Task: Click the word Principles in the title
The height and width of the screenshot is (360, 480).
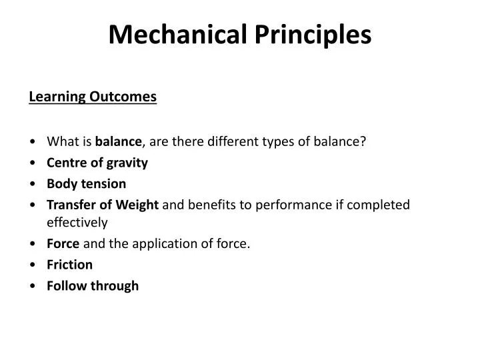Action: [313, 35]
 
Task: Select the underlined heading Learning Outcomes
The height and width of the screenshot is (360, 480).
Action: [93, 97]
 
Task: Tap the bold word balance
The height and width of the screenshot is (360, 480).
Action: [119, 141]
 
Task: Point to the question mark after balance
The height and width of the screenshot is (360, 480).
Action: [363, 141]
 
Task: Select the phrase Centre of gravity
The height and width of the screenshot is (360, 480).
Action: [97, 163]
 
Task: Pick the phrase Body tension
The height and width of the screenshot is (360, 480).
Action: [86, 183]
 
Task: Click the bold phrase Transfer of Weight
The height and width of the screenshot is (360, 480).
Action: [103, 205]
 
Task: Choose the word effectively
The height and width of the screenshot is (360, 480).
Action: [77, 223]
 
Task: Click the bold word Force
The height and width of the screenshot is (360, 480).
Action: [63, 244]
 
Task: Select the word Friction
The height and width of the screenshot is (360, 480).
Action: [69, 265]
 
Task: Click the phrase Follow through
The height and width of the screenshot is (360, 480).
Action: [93, 286]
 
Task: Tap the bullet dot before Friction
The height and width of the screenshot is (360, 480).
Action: [33, 265]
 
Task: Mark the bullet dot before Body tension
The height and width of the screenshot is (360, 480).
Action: [33, 184]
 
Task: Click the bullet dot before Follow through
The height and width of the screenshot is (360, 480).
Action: [33, 287]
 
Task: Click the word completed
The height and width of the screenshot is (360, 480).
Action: [380, 205]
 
